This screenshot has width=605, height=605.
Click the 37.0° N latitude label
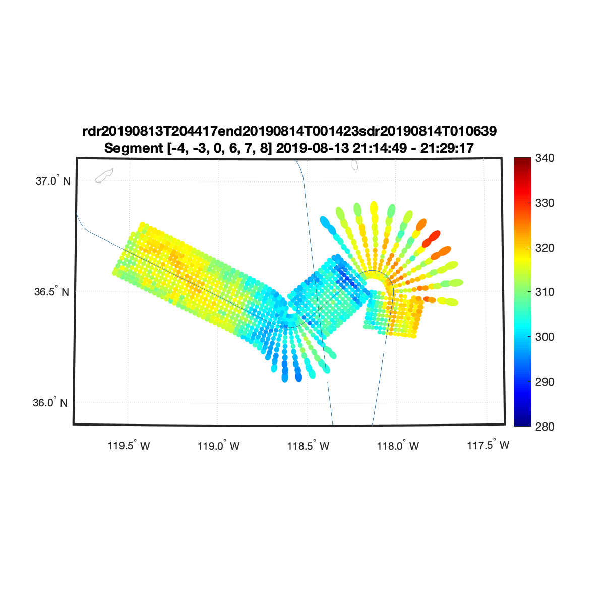tap(53, 181)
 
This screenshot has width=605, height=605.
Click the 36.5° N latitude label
tap(51, 292)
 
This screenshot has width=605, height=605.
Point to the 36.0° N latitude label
tap(50, 403)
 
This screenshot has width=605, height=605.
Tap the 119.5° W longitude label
tap(129, 446)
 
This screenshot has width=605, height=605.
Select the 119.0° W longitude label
tap(218, 446)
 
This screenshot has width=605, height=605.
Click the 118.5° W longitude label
tap(308, 446)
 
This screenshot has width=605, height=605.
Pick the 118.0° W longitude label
tap(398, 446)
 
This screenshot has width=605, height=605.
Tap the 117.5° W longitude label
tap(488, 445)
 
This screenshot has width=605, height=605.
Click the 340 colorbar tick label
tap(544, 158)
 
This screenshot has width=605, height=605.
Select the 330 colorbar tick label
tap(544, 203)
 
